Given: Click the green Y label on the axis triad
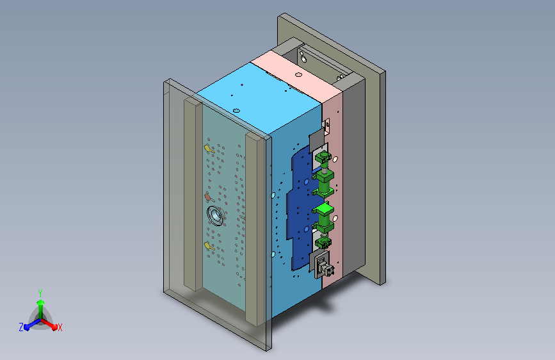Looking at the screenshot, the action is [40, 293].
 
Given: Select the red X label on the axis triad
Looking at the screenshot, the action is [60, 327].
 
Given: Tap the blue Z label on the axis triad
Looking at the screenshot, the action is [21, 327].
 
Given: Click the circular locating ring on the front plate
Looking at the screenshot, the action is [216, 215].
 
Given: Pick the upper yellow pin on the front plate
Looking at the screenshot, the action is [209, 149].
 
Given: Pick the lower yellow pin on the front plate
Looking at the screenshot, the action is [209, 246].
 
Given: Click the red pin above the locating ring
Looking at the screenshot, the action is [208, 197].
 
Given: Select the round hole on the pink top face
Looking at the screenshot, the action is [298, 75].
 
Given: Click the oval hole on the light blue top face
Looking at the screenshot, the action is [237, 111].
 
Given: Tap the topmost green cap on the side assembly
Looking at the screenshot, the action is [323, 156].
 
